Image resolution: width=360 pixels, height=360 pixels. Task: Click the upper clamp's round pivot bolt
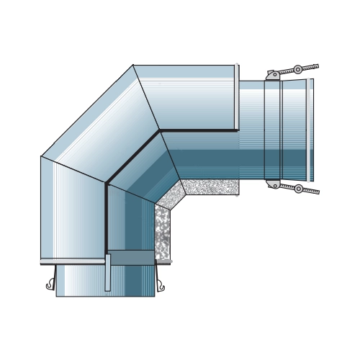coord(297,70)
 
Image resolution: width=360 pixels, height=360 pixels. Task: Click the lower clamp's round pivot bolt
coord(298,189)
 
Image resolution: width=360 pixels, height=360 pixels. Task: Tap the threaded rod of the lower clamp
coord(311,192)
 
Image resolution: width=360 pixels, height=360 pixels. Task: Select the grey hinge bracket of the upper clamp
coord(274,74)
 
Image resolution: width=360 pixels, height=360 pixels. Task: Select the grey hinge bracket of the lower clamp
coord(274,184)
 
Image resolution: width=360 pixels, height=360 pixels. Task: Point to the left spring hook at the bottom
coord(50,284)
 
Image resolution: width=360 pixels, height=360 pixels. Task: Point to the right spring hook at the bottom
coord(161,286)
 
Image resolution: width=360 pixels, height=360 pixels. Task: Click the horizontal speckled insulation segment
coord(210,187)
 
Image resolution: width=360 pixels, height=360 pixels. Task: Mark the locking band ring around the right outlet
coord(272,130)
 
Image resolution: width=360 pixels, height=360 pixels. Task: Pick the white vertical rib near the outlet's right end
coord(308,130)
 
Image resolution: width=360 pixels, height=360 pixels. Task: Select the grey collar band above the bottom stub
coord(131,257)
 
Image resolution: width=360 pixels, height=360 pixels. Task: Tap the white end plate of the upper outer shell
coord(236,97)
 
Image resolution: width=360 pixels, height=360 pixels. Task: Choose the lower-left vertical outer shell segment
coord(72,209)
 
